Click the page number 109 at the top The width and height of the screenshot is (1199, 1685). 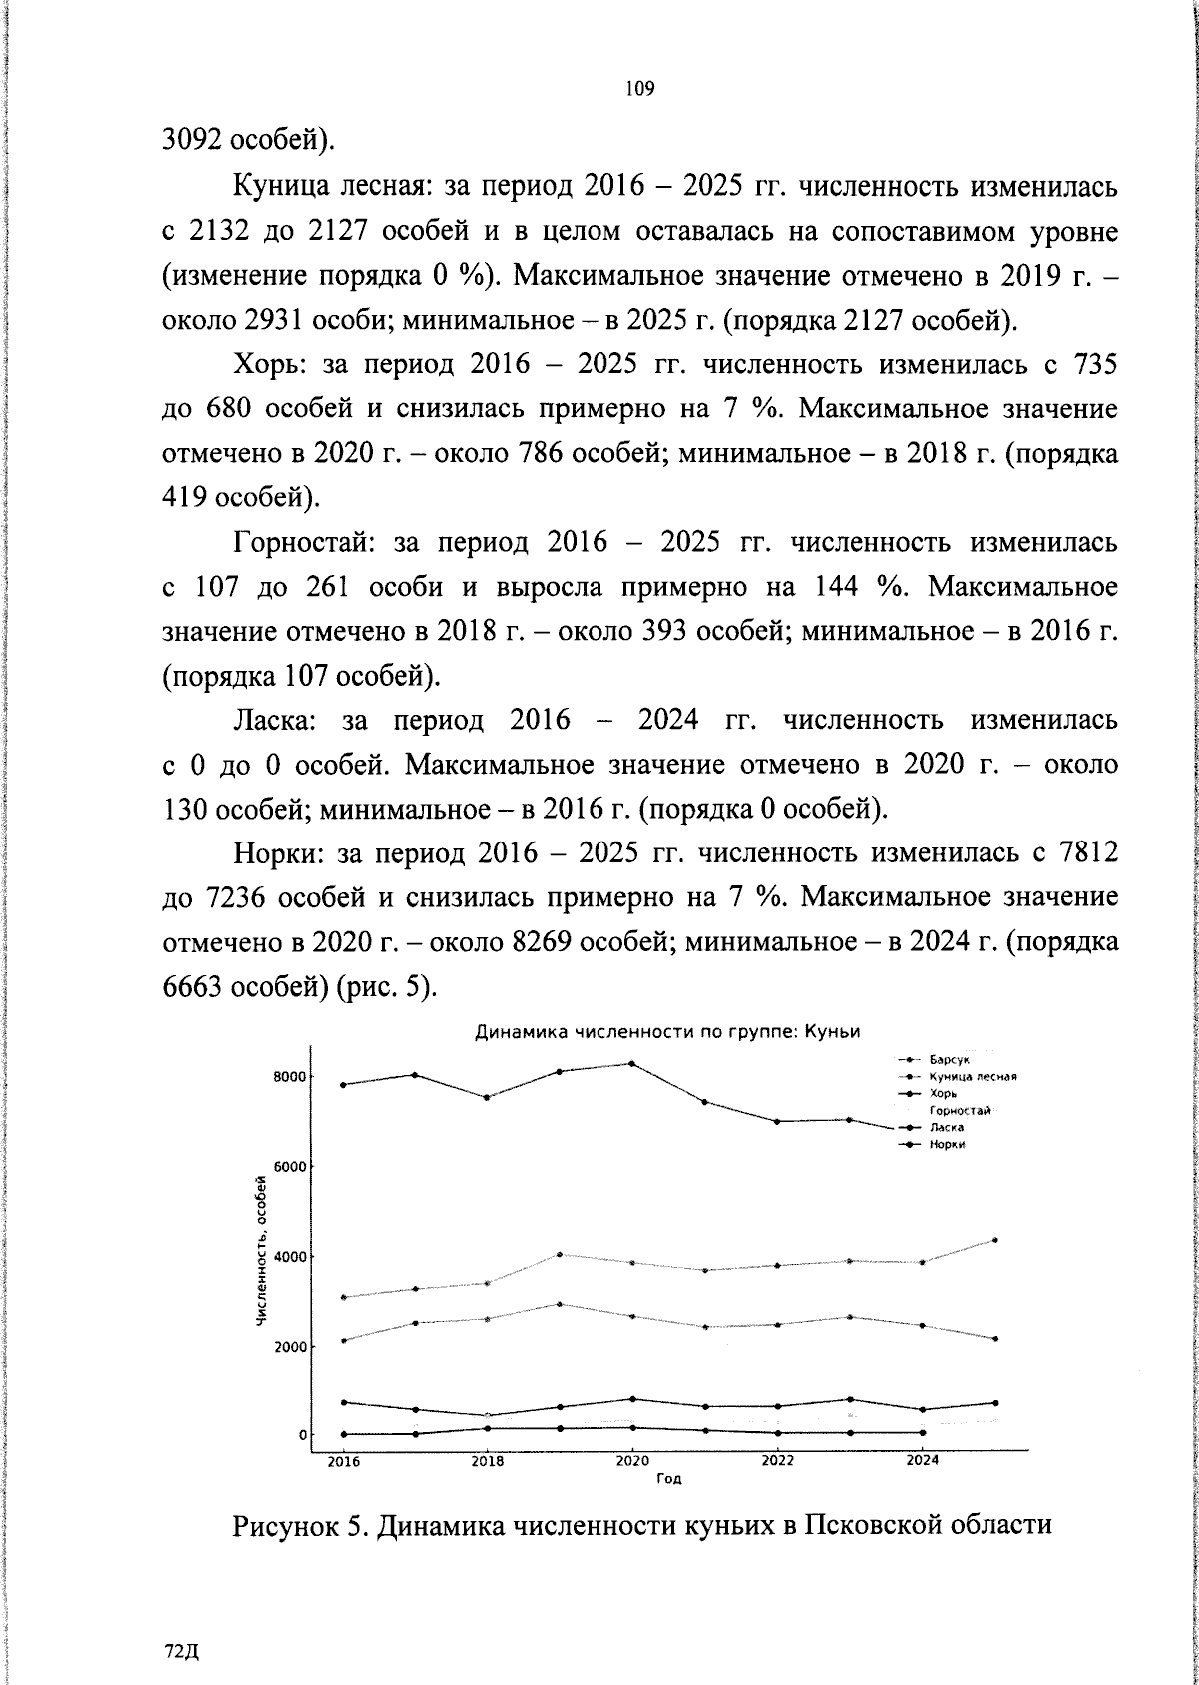coord(639,90)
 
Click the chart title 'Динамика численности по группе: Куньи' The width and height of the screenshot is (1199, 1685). coord(666,1031)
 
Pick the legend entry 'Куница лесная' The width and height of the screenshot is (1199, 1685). coord(971,1076)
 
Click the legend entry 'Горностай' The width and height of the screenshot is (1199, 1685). coord(959,1110)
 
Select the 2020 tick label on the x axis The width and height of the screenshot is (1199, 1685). coord(631,1461)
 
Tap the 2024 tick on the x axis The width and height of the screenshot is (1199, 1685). coord(922,1461)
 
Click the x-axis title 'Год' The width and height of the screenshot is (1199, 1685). coord(669,1479)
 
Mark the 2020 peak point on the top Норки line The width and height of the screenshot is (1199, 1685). coord(632,1063)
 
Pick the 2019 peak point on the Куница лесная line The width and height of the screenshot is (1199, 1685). coord(560,1304)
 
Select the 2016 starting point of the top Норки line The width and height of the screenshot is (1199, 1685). coord(344,1084)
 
